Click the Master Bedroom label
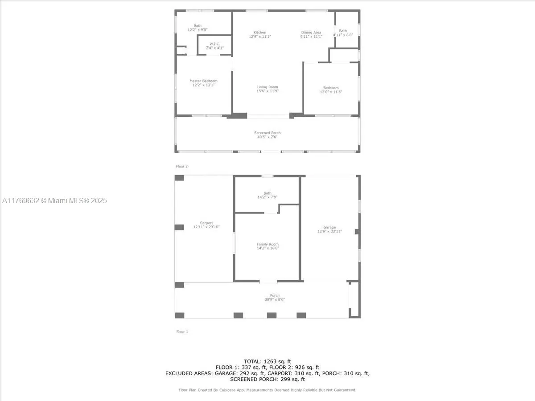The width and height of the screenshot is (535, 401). [x=203, y=81]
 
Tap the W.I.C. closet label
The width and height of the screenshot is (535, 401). [x=215, y=44]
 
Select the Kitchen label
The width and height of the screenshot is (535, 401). [x=260, y=33]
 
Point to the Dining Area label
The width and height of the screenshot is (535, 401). [x=311, y=33]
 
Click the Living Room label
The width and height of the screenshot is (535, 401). [x=267, y=87]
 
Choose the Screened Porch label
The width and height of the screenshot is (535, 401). [x=267, y=133]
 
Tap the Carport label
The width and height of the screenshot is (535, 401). [x=206, y=223]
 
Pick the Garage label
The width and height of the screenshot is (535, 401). [x=329, y=227]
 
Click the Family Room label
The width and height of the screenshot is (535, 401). [x=267, y=244]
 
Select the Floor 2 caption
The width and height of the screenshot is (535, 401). [x=182, y=166]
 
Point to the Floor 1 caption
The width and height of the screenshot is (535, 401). [x=182, y=331]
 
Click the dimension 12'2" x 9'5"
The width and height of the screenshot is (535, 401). [x=198, y=30]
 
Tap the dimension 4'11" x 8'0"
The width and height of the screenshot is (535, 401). [x=343, y=35]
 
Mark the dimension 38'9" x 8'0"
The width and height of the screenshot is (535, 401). [x=275, y=299]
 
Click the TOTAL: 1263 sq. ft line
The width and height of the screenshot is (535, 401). [x=267, y=361]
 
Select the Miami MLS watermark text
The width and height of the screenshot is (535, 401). [x=54, y=200]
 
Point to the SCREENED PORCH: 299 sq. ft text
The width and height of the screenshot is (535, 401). [x=267, y=379]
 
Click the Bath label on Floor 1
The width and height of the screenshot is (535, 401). [x=267, y=193]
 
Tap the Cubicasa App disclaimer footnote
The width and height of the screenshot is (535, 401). [x=267, y=390]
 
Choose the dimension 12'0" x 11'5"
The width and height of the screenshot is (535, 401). [x=331, y=92]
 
